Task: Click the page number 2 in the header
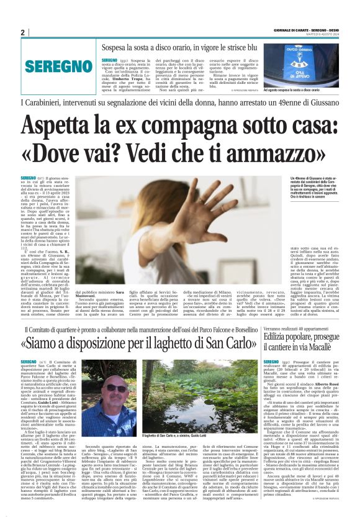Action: click(x=23, y=32)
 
